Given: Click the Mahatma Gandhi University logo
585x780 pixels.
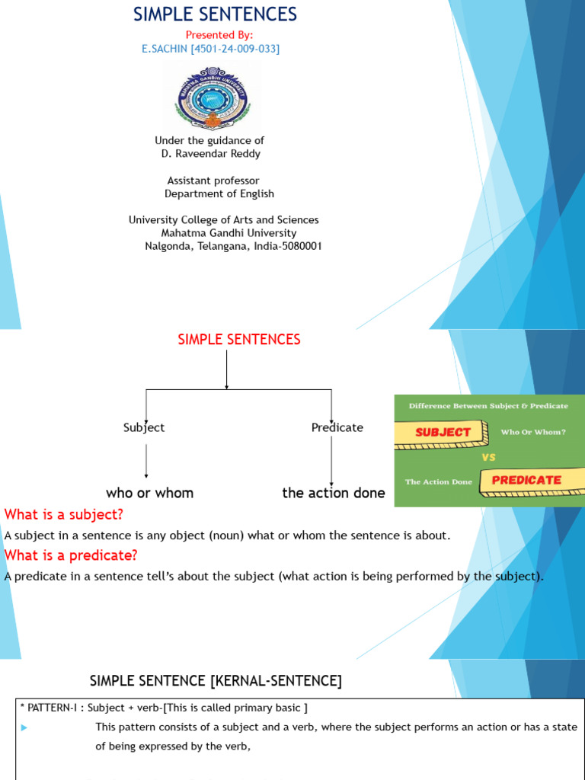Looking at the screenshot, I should [213, 98].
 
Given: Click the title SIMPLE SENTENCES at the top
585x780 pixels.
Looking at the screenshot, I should [216, 14].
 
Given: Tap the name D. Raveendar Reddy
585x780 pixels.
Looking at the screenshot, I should [210, 154].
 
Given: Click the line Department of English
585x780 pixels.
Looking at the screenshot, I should [219, 194].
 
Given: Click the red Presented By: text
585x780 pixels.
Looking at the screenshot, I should [219, 35].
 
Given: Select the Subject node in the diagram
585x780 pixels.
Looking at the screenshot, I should [144, 427].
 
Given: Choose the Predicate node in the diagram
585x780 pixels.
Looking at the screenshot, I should [337, 427].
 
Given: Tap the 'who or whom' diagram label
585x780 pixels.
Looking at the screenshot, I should [150, 493].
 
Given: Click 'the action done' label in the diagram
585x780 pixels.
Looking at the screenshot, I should [334, 493].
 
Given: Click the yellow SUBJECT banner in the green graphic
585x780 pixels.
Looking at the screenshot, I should [443, 432].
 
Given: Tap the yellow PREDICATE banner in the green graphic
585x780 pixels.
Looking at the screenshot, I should [526, 480].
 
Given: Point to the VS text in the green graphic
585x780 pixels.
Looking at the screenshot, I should [489, 458].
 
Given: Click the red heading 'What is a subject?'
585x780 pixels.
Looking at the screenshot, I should [64, 514].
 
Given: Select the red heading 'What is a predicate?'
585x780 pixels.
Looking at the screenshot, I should [71, 555].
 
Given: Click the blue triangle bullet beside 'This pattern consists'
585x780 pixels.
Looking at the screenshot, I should [25, 727].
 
